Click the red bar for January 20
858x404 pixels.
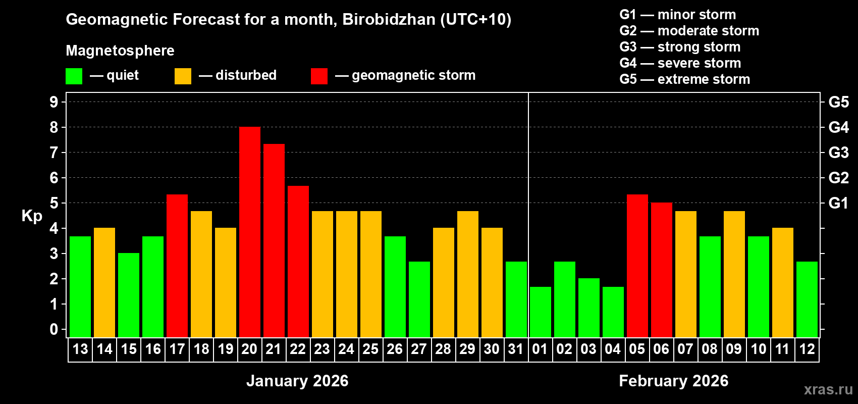point(250,232)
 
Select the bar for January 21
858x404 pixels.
point(274,240)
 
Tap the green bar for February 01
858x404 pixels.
point(541,312)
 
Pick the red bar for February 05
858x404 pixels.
point(637,266)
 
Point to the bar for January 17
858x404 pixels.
point(177,266)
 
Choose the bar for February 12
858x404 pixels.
point(807,299)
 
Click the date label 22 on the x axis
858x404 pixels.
point(298,349)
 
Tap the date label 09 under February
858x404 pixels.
point(734,349)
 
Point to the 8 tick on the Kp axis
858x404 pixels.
point(54,127)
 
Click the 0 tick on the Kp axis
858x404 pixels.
point(54,329)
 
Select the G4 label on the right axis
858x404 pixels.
point(838,127)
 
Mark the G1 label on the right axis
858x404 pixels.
point(838,203)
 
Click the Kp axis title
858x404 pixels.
point(32,216)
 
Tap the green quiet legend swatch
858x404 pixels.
point(74,76)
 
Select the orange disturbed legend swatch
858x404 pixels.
point(183,76)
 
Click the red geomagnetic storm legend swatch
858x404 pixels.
point(319,76)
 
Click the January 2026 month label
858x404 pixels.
point(297,381)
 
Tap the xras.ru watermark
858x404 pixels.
point(828,389)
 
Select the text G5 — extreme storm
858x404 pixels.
point(684,79)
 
